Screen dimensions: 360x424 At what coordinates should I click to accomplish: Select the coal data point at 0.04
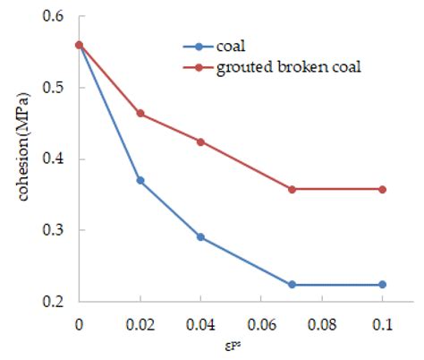coord(201,237)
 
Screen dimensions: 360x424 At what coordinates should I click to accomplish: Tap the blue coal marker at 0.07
coord(292,285)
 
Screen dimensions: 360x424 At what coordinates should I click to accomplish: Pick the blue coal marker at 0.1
coord(382,285)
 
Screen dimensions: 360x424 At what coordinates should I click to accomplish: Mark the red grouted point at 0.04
coord(201,141)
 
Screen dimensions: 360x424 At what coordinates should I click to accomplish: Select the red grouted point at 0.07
coord(292,189)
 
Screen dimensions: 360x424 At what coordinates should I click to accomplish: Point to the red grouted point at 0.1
coord(382,189)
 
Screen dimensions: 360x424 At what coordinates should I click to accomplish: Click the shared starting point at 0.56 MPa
coord(80,45)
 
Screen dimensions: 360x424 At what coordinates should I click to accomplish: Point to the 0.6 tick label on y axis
coord(56,17)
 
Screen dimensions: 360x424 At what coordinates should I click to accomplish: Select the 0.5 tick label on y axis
coord(56,88)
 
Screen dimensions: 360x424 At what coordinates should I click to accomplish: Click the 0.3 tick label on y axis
coord(56,230)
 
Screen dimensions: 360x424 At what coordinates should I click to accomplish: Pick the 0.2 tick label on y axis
coord(56,302)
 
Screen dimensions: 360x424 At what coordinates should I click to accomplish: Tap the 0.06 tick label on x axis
coord(261,322)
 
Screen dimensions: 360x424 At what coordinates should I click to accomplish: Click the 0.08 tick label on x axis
coord(322,322)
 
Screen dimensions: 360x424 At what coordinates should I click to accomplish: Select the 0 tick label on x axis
coord(80,322)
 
